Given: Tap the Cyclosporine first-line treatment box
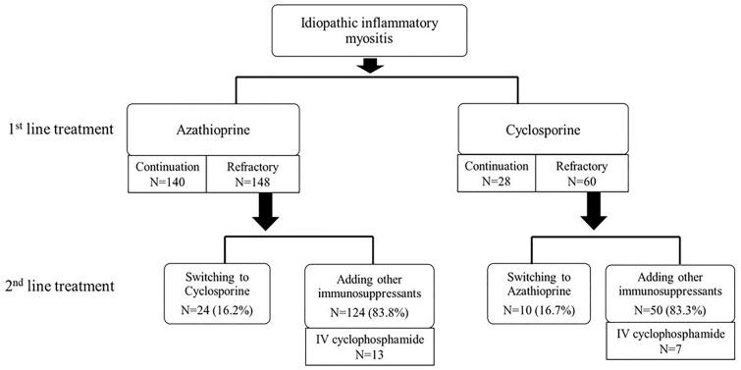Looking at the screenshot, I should tap(577, 129).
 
